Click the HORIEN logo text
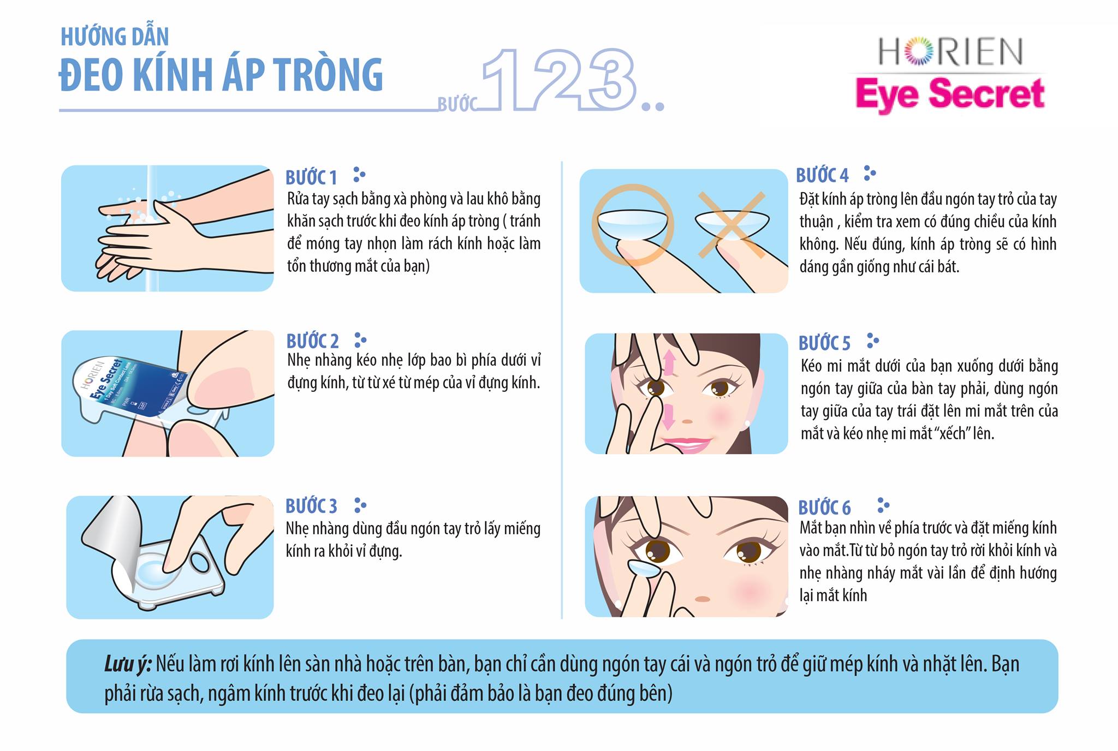[950, 52]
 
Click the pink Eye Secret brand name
[950, 94]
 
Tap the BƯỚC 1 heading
[311, 177]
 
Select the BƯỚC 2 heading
[312, 341]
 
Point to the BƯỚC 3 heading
[311, 506]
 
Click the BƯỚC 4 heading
[822, 175]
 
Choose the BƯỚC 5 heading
[824, 343]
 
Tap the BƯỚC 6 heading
[824, 508]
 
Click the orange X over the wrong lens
[732, 224]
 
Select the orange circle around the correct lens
[633, 224]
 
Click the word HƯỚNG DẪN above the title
[115, 37]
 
